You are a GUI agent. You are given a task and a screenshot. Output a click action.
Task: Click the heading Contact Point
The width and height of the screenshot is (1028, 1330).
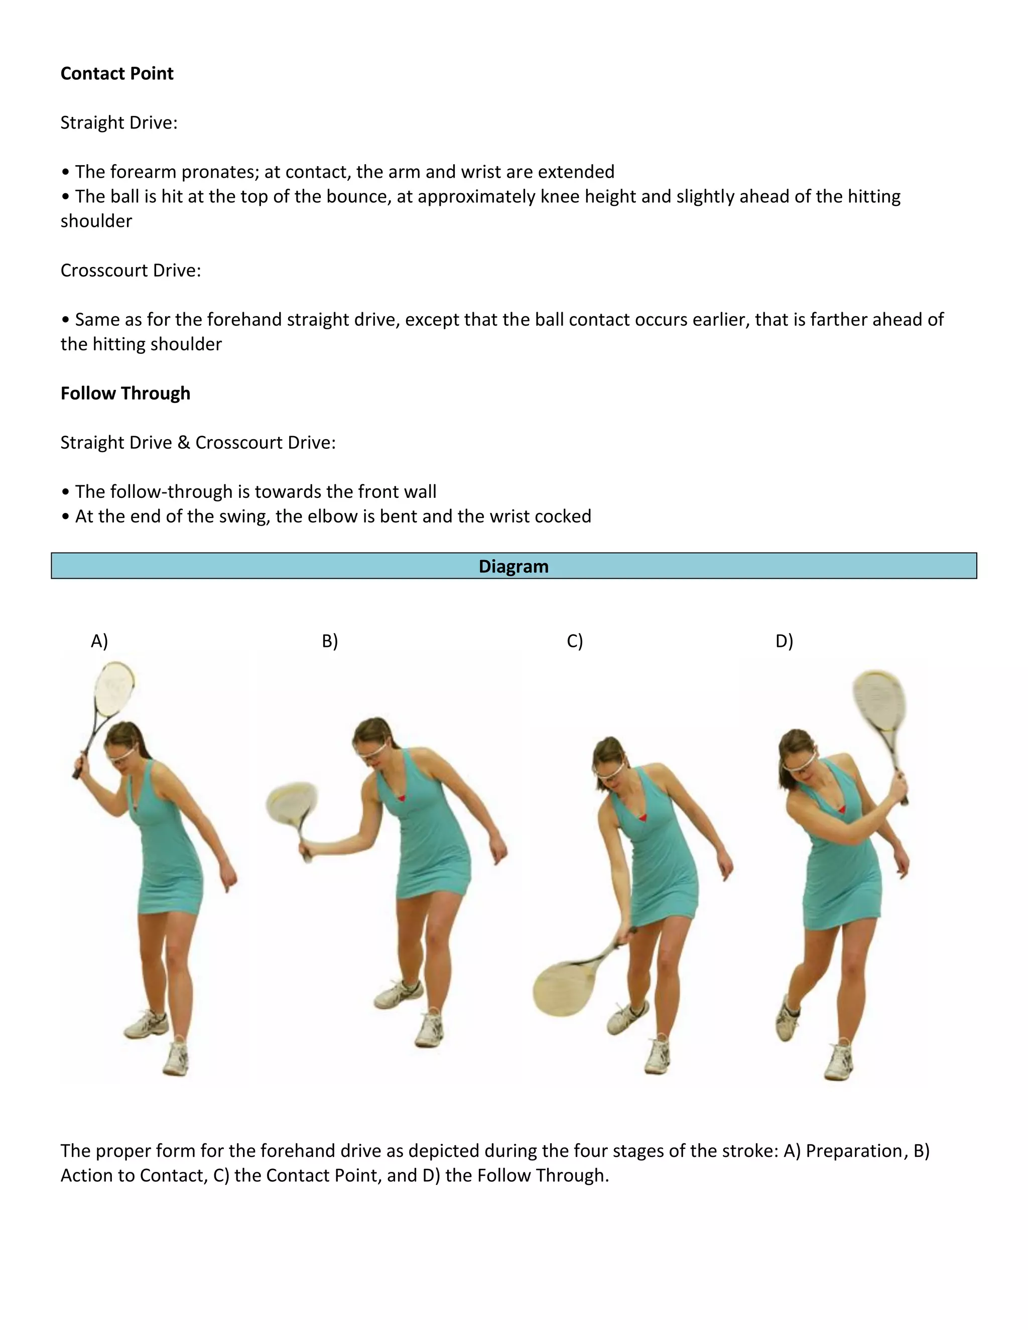pos(117,74)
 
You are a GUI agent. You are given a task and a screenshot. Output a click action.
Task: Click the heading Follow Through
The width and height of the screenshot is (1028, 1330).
pos(125,393)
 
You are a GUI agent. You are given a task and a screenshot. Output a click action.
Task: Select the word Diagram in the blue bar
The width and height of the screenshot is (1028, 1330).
pos(513,566)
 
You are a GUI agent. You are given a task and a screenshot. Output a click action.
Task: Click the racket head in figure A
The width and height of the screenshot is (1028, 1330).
pos(114,689)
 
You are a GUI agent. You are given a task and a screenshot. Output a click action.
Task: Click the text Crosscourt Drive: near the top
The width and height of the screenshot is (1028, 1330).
pos(131,271)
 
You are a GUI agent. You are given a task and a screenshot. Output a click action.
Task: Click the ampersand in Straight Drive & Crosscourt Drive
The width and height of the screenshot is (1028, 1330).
pos(184,443)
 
